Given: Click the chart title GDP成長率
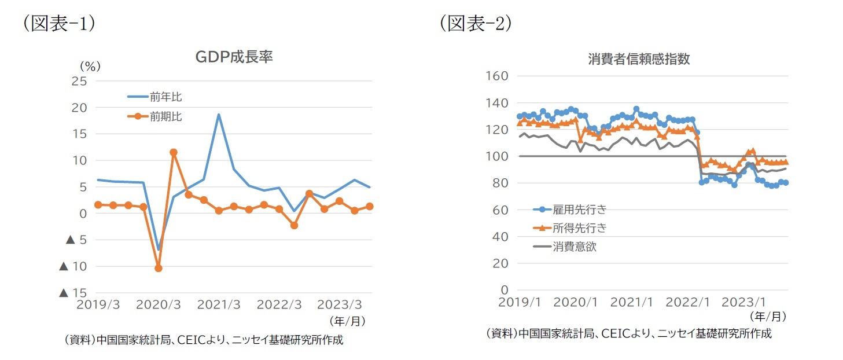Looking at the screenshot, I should (234, 57).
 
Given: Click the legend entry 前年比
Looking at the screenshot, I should (165, 97).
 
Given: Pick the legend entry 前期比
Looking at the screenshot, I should (165, 117).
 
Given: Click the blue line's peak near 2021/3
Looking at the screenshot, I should (219, 115).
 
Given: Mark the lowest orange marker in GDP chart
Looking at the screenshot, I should (158, 268).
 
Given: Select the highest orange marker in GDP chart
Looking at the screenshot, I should (173, 152).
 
